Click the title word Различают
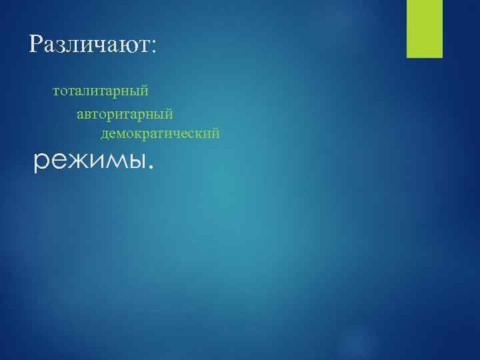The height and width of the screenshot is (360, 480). pos(92,45)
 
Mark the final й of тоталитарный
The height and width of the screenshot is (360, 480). pos(145,89)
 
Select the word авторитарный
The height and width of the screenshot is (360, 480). pos(125,116)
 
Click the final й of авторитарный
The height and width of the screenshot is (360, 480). pos(170,115)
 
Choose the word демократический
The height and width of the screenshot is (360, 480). pos(160,135)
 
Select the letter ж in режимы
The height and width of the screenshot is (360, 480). pos(74,160)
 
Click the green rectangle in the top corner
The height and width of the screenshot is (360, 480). pos(425,29)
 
